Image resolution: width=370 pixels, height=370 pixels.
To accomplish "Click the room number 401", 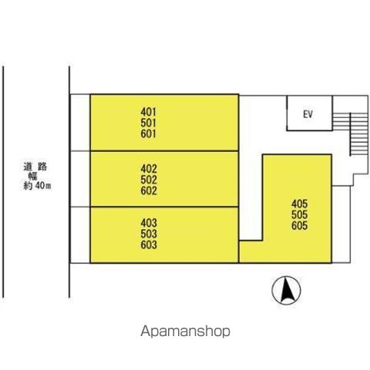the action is click(x=148, y=112).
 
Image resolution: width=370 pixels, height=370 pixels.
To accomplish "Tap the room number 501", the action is click(x=148, y=123).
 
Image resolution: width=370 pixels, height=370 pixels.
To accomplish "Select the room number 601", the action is click(x=148, y=134).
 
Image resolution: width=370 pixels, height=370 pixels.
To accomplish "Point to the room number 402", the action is click(x=149, y=169).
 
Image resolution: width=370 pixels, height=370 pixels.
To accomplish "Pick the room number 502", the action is click(x=149, y=180).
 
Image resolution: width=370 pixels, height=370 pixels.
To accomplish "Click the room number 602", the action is click(x=149, y=191).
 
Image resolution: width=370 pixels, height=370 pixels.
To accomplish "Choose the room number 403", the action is click(x=149, y=223).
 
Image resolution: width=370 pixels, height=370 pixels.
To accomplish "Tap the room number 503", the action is click(x=149, y=234).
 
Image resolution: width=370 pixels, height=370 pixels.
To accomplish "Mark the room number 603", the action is click(x=149, y=245).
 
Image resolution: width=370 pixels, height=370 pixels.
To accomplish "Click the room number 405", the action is click(x=299, y=203).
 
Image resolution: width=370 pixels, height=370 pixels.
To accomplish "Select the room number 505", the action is click(x=299, y=215).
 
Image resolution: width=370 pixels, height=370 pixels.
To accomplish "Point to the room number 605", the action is click(x=299, y=226).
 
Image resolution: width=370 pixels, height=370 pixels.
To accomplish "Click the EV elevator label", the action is click(x=308, y=114).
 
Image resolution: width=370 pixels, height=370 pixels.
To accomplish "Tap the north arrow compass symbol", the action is click(x=286, y=291).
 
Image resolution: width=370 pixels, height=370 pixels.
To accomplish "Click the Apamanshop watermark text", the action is click(x=185, y=331).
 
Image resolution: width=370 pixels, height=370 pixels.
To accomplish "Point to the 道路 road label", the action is click(x=35, y=166).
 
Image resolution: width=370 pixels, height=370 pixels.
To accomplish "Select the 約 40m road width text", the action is click(x=37, y=186).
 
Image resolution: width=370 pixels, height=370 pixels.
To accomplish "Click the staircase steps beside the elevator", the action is click(x=350, y=134).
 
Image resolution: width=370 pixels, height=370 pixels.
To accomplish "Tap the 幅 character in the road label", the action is click(x=33, y=176).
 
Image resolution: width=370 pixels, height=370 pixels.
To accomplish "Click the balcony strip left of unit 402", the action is click(x=80, y=179).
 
